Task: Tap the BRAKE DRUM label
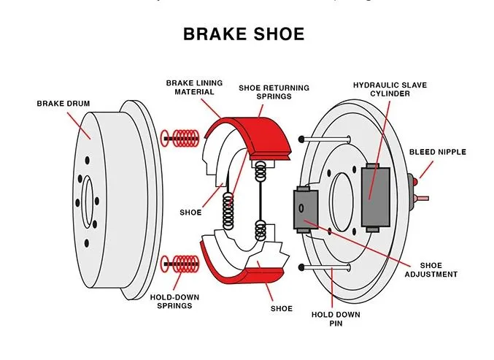click(x=63, y=104)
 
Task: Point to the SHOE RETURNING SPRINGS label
click(x=274, y=93)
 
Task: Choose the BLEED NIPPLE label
click(x=438, y=152)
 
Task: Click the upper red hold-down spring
click(x=182, y=137)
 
